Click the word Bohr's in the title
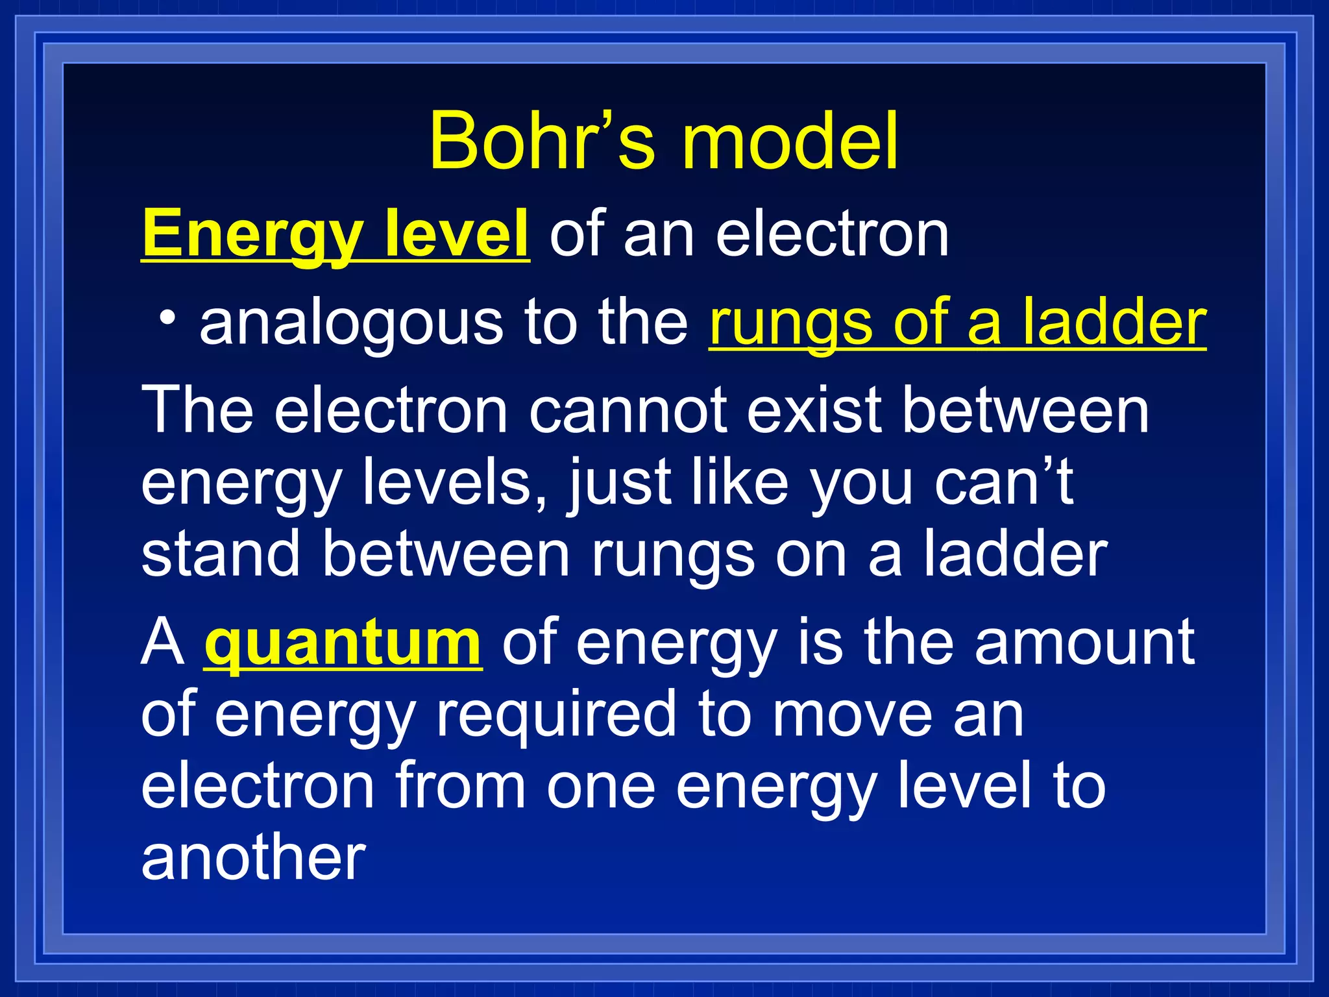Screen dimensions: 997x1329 pos(542,141)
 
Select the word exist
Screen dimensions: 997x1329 pos(814,410)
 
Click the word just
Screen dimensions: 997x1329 pos(618,484)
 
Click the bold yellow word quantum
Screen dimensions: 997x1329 pos(343,643)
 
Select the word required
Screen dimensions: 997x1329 pos(555,715)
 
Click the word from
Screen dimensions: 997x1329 pos(460,787)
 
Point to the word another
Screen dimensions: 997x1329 pos(254,858)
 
